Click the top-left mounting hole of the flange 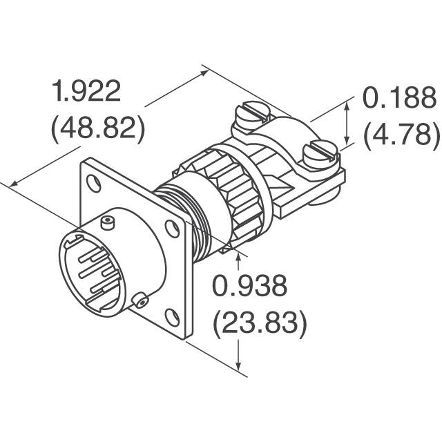(96, 185)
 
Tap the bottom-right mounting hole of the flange (173, 317)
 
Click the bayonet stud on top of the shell (106, 222)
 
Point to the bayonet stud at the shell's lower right (140, 300)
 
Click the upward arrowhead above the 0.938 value (239, 258)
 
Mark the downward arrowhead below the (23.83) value (239, 367)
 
